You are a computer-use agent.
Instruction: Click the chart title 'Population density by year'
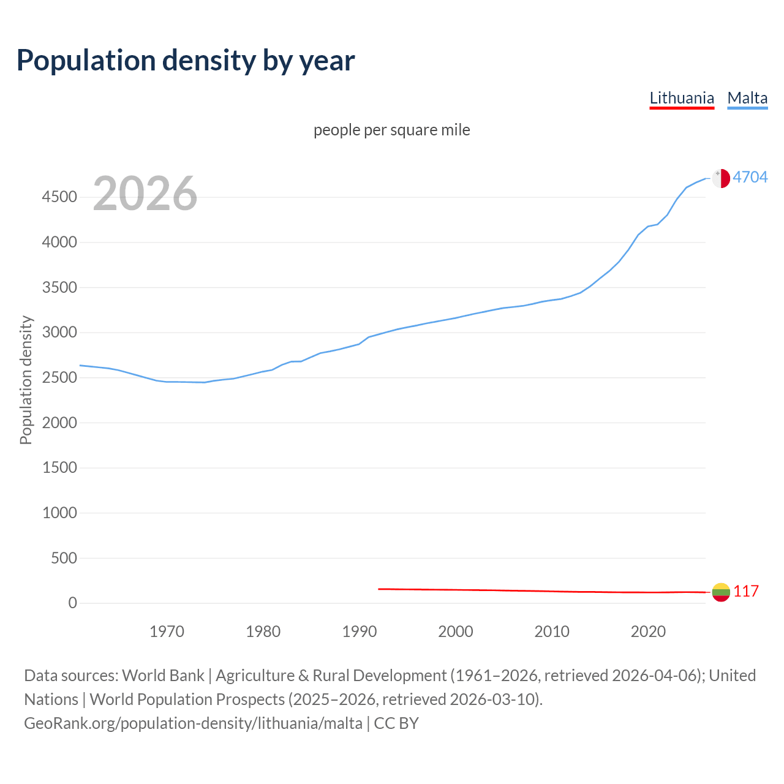point(186,61)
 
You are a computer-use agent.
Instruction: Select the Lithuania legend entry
point(682,98)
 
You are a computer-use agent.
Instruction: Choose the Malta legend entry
point(747,98)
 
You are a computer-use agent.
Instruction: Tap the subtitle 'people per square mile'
point(392,130)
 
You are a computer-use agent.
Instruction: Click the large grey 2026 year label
point(145,194)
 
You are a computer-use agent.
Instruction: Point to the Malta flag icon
point(721,178)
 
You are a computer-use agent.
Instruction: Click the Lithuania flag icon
point(721,592)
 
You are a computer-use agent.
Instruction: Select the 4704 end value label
point(750,177)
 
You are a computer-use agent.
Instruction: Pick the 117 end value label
point(746,591)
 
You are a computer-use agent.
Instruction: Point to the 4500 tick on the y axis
point(59,197)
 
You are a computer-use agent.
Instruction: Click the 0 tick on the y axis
point(73,603)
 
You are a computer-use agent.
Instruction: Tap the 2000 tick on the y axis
point(59,423)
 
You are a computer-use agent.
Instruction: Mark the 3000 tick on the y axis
point(59,333)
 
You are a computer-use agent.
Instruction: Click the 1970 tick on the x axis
point(167,631)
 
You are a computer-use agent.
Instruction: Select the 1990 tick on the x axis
point(360,631)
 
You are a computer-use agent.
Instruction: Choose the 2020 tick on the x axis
point(648,631)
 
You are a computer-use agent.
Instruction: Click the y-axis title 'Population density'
point(26,380)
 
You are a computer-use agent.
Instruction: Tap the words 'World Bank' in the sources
point(163,676)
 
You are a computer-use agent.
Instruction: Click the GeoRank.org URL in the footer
point(193,723)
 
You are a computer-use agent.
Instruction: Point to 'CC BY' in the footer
point(396,723)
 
